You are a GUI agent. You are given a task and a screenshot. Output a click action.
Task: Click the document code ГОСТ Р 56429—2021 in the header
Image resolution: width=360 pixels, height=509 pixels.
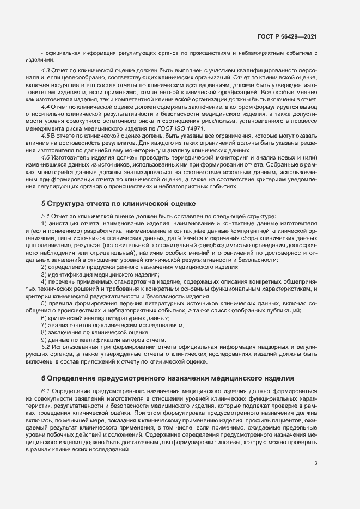(x=288, y=36)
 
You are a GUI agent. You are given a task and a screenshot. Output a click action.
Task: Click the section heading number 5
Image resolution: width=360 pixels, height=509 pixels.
(x=44, y=204)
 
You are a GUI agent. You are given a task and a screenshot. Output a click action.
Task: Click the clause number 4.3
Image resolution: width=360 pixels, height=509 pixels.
(x=46, y=71)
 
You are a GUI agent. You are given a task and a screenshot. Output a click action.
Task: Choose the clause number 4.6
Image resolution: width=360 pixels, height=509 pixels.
(x=46, y=157)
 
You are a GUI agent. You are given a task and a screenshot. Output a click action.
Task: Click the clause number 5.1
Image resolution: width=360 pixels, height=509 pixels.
(x=46, y=216)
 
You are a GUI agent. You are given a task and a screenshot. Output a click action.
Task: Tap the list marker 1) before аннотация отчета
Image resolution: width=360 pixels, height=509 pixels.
(x=44, y=223)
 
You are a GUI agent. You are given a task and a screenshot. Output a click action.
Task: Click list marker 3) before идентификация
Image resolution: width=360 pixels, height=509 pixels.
(x=44, y=275)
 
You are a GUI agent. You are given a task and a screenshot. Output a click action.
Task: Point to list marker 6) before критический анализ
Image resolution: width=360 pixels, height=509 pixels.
(x=44, y=317)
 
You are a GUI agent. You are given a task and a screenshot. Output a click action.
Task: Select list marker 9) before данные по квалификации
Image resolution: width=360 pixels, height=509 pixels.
(x=44, y=339)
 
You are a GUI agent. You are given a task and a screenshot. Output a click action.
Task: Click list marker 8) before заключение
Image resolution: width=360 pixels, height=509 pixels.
(x=44, y=332)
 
